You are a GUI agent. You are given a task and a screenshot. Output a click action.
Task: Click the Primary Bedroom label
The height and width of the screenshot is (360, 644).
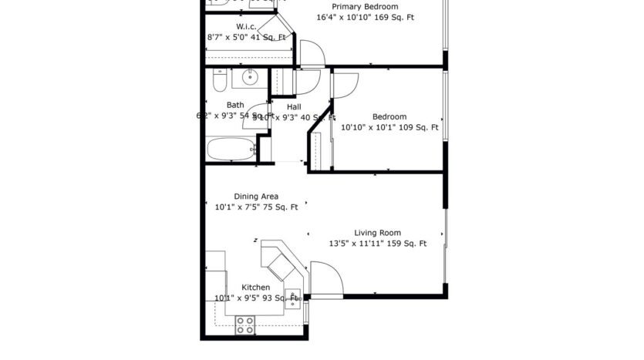[x=359, y=6]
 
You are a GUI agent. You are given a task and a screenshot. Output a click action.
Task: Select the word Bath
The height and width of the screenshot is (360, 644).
[x=235, y=106]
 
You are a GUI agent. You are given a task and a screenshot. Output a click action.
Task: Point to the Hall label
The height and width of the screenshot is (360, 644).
[x=294, y=106]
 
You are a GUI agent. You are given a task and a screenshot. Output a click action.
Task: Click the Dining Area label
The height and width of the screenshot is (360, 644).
[x=256, y=196]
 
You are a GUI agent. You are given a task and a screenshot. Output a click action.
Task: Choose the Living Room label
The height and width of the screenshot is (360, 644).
[x=377, y=233]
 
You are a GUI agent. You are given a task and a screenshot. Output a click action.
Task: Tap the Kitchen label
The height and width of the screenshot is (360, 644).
[x=255, y=288]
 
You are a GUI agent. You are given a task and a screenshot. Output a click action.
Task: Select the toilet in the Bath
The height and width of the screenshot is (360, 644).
[x=218, y=79]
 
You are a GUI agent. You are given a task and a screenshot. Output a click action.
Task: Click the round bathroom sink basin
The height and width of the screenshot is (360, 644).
[x=250, y=77]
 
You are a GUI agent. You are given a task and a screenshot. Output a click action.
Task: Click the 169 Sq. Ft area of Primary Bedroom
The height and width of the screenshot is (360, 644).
[x=393, y=16]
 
